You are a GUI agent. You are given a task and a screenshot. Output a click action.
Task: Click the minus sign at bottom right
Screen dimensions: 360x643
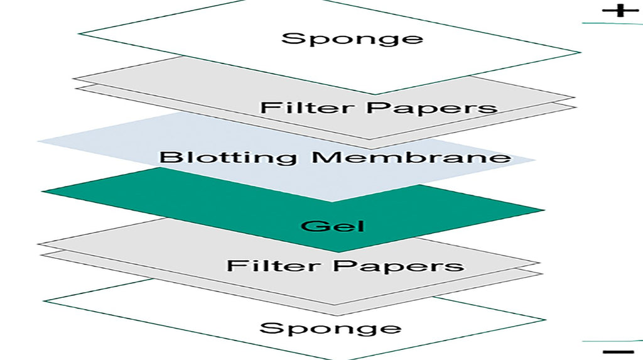coord(619,352)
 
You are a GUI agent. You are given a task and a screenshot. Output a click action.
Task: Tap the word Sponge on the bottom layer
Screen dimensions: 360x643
coord(330,328)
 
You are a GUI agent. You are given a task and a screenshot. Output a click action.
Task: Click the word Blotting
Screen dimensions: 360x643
coord(227,156)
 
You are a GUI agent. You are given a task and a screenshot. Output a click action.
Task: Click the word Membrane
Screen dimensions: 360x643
coord(411,156)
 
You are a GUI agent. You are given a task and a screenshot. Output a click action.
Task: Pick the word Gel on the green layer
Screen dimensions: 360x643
coord(332,225)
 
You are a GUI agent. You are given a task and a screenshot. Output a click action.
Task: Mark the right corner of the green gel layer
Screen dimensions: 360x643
coord(543,210)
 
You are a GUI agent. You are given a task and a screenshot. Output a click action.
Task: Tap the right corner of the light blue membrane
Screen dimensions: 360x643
coord(535,160)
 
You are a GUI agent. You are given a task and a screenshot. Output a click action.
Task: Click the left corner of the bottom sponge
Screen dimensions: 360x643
coord(44,302)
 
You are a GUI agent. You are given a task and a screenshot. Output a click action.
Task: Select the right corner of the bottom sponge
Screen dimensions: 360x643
coord(545,320)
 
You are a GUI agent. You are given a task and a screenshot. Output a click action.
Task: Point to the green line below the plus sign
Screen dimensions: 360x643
coord(612,23)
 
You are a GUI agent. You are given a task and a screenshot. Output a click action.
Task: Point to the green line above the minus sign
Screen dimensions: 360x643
coord(612,341)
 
